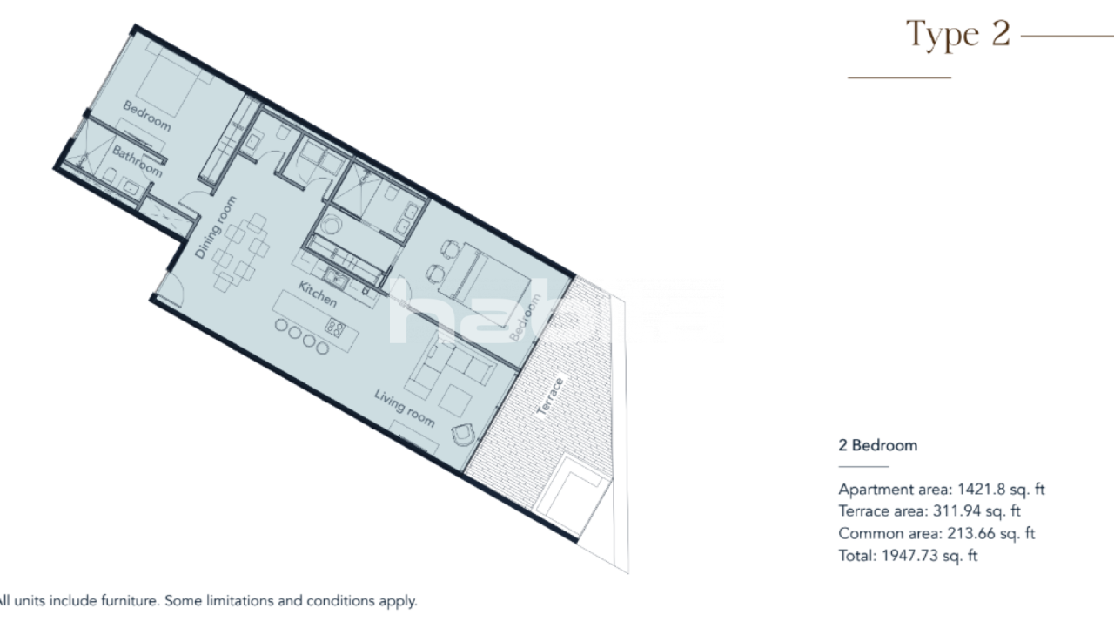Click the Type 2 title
point(958,34)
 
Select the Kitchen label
point(318,294)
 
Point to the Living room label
point(404,408)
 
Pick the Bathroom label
point(138,160)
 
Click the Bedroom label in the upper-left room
point(146,116)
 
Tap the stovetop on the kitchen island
point(335,328)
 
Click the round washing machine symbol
point(330,224)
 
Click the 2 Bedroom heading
point(877,445)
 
